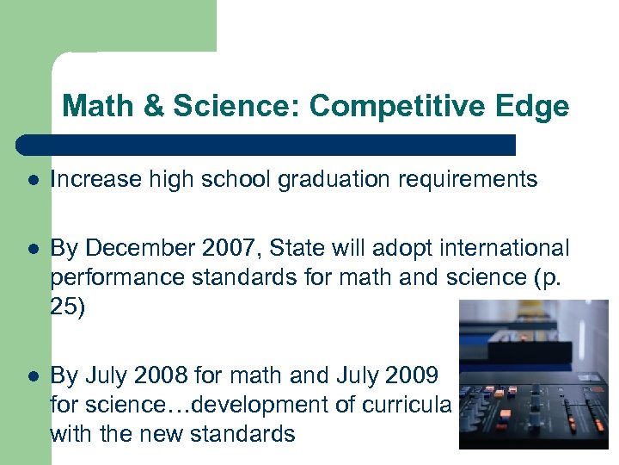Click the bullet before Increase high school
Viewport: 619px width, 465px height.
coord(32,181)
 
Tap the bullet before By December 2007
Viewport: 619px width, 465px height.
coord(32,250)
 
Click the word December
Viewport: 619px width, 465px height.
coord(130,249)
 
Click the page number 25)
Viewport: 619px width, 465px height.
coord(68,308)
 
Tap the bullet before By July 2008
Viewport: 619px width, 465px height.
coord(32,376)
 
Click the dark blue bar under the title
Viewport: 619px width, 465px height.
coord(267,143)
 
